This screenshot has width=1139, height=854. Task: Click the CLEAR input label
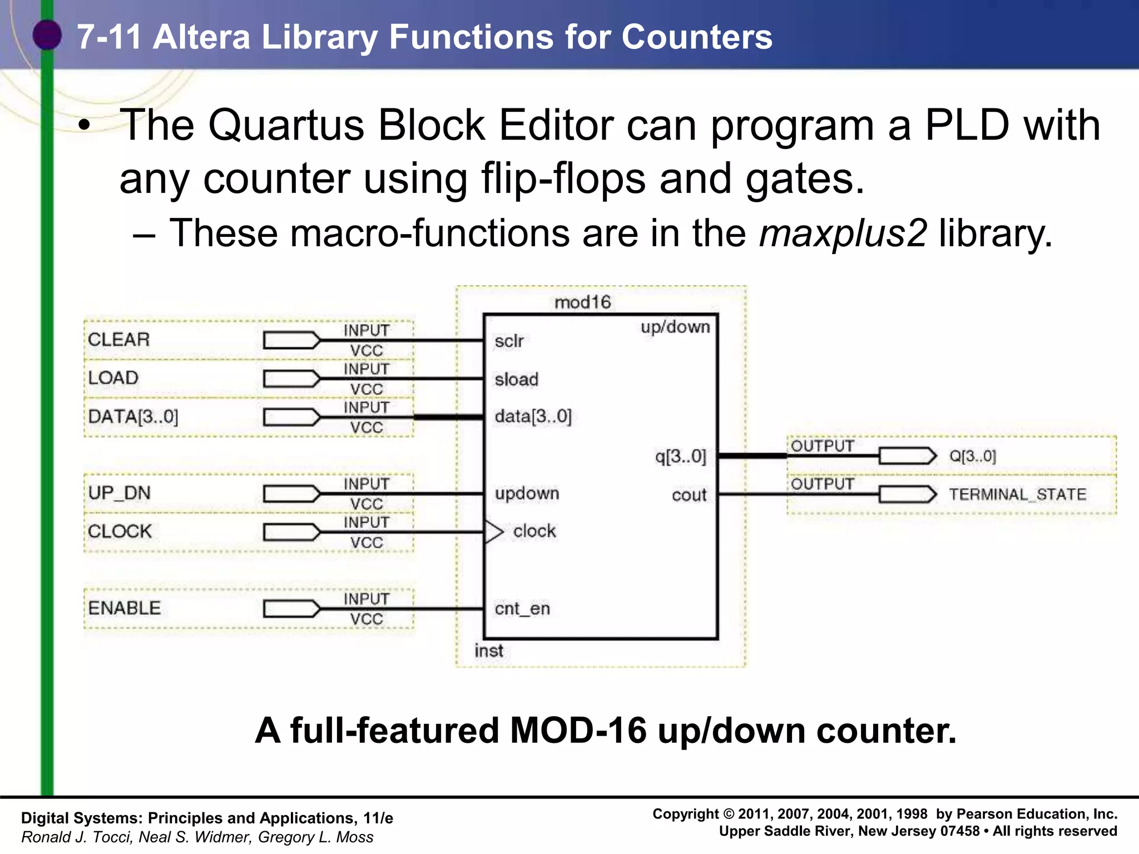click(x=118, y=339)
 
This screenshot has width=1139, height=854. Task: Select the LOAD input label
click(x=113, y=378)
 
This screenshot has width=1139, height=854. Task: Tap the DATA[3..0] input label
click(x=133, y=416)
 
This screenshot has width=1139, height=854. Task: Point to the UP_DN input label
click(x=119, y=493)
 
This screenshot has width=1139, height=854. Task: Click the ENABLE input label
click(x=124, y=608)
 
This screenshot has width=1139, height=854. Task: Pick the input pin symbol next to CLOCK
click(x=291, y=532)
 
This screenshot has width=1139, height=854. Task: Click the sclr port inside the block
click(x=509, y=341)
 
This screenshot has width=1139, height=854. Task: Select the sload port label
click(x=516, y=380)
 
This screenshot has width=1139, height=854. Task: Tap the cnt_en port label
click(x=522, y=609)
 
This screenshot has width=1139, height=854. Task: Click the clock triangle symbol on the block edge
click(x=493, y=532)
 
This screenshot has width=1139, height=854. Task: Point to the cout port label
click(x=689, y=495)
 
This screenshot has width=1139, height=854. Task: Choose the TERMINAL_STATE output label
click(x=1017, y=494)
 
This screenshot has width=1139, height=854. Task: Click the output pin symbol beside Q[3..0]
click(x=908, y=456)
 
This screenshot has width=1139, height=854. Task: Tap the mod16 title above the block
click(x=582, y=302)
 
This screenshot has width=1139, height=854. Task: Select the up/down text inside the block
click(x=675, y=327)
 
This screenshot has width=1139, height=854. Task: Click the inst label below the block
click(x=488, y=651)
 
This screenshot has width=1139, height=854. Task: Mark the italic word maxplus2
click(x=843, y=232)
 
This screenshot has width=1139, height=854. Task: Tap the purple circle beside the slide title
click(x=47, y=34)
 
